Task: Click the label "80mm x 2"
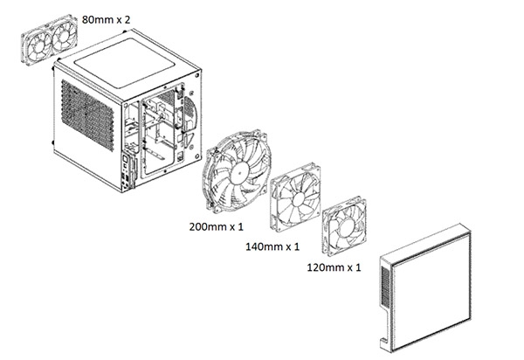coord(106,20)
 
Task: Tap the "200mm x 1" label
coord(217,226)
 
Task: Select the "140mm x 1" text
coord(272,246)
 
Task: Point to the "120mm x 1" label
coord(334,267)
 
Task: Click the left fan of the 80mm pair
coord(38,48)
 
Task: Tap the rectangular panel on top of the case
coord(124,63)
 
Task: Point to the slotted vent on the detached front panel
coord(385,287)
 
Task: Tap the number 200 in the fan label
coord(198,226)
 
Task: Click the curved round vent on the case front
coord(190,113)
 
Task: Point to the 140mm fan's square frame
coord(295,197)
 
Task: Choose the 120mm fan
coord(344,226)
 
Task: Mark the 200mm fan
coord(237,170)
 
